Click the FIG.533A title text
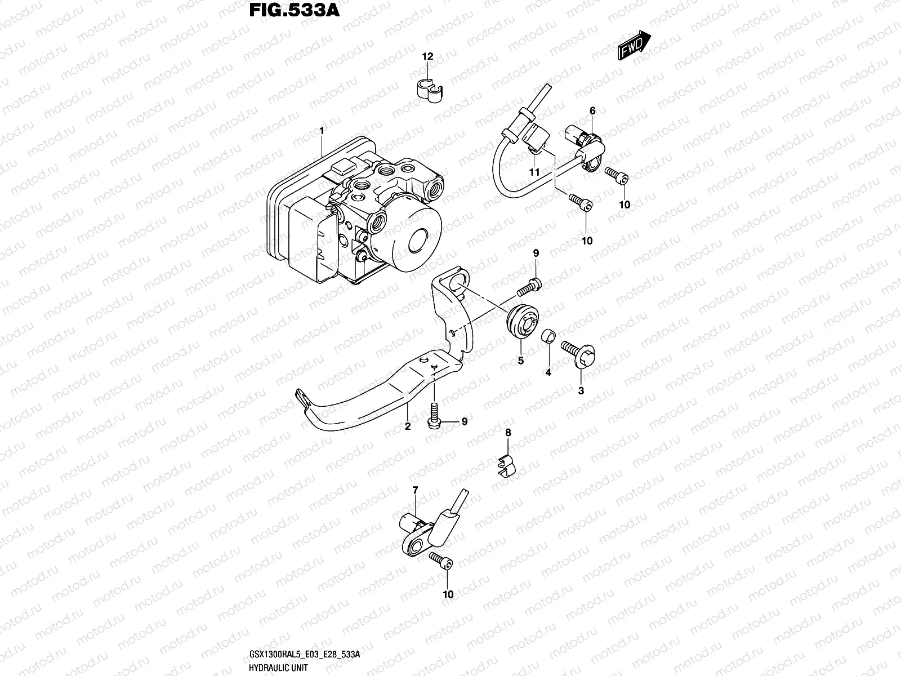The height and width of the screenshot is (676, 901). click(x=294, y=11)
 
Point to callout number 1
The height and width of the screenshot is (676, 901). click(x=322, y=131)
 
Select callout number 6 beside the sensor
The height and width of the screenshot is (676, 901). click(x=592, y=111)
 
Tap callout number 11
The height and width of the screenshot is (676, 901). click(x=534, y=171)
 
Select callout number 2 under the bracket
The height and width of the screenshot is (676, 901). click(x=408, y=426)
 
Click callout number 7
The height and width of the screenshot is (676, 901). click(x=415, y=491)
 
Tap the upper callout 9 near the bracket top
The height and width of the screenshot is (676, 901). click(x=536, y=254)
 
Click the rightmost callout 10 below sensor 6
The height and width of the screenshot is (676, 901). click(x=625, y=205)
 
